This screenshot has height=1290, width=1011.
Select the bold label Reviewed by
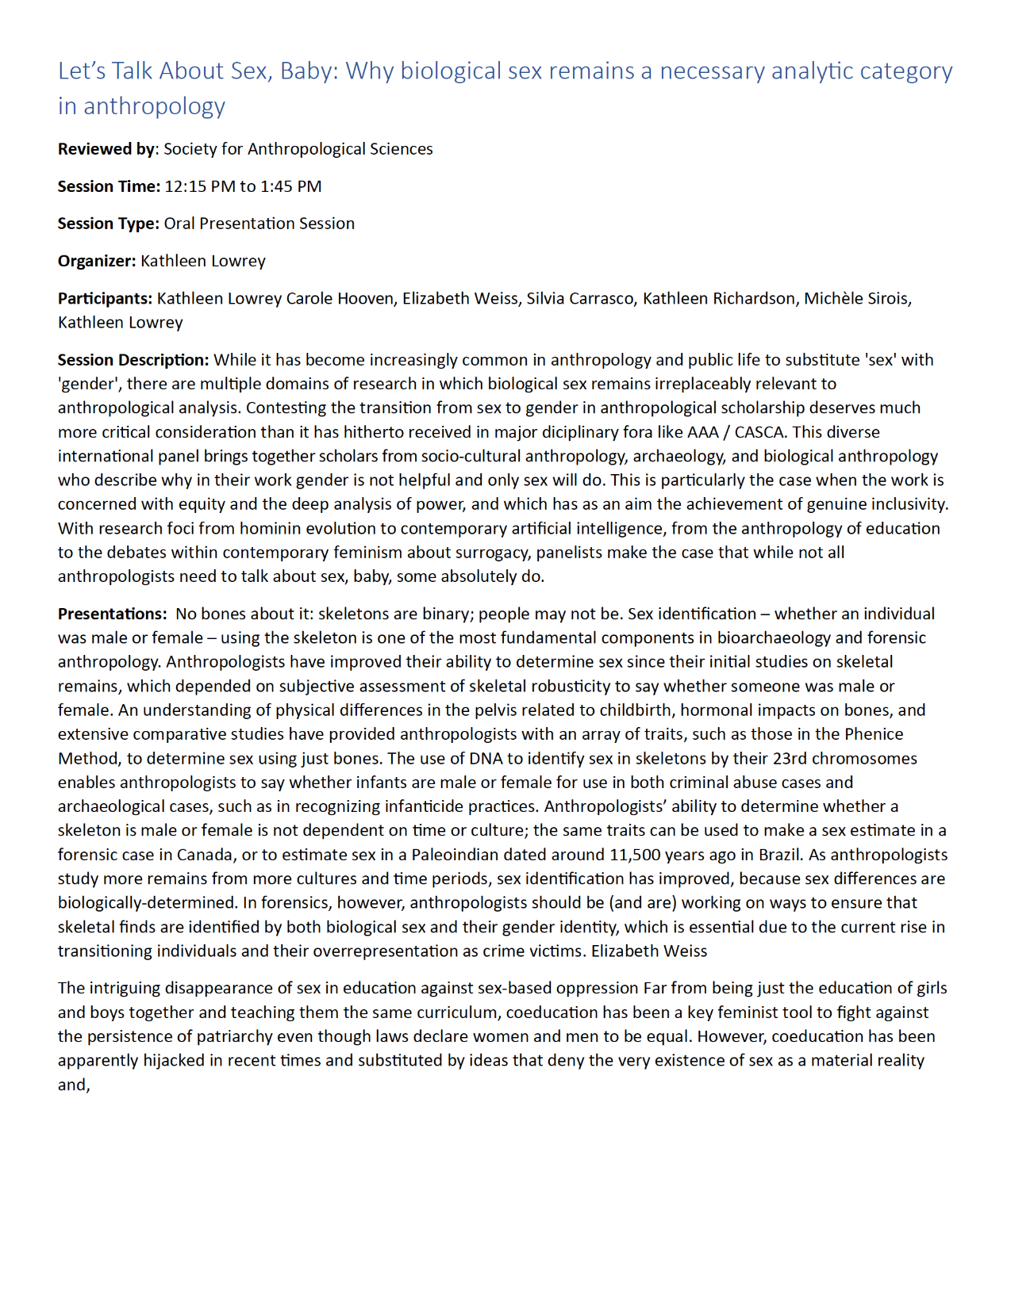tap(106, 149)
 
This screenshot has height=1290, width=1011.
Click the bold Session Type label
tap(108, 224)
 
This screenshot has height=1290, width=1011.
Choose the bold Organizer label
tap(96, 261)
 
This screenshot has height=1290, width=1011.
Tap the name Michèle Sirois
tap(855, 298)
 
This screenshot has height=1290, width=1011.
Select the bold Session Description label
tap(133, 360)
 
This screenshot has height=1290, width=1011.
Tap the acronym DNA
tap(486, 758)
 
